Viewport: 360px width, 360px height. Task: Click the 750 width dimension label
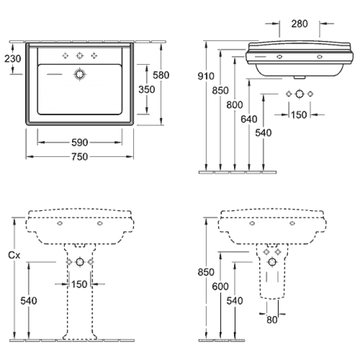click(80, 157)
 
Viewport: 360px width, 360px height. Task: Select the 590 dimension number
click(80, 143)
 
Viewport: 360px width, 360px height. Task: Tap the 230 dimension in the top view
click(13, 58)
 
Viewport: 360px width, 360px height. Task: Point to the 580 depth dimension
click(161, 75)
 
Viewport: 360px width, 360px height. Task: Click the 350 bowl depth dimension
click(147, 89)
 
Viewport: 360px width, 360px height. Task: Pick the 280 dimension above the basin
click(299, 24)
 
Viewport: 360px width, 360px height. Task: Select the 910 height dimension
click(206, 76)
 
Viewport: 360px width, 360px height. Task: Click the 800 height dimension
click(234, 105)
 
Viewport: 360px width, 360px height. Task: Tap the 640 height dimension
click(249, 119)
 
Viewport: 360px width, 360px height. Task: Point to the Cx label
click(14, 255)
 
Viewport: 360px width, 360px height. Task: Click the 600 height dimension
click(220, 286)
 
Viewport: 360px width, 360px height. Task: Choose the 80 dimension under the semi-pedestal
click(272, 319)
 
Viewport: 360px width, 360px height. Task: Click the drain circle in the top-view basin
click(80, 74)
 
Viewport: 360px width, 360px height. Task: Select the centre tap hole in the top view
click(80, 55)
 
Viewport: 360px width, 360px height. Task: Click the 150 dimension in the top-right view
click(299, 115)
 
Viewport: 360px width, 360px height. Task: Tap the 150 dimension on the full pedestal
click(79, 284)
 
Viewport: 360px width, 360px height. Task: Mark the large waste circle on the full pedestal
click(80, 262)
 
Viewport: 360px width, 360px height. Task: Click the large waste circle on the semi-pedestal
click(272, 262)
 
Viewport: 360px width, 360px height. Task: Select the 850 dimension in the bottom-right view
click(206, 272)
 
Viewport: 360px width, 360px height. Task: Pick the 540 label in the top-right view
click(263, 133)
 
